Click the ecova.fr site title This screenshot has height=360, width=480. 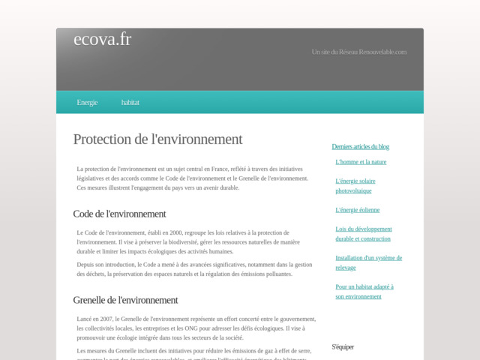[102, 40]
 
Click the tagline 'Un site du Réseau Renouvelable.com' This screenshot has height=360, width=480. [358, 52]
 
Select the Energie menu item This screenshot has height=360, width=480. [87, 102]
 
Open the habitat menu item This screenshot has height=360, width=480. [130, 102]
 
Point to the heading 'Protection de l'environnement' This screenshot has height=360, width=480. [157, 139]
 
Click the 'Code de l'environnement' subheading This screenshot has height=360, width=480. [119, 214]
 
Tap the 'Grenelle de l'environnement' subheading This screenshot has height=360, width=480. [125, 300]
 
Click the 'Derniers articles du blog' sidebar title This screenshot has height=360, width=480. [360, 146]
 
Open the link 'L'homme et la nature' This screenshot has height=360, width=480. [361, 162]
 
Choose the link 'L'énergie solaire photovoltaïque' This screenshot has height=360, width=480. [355, 186]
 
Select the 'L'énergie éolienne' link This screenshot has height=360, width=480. [357, 210]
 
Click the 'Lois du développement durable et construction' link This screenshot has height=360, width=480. [363, 234]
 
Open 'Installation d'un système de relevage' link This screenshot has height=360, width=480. [368, 262]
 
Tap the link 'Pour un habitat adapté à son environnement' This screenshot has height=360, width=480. [364, 291]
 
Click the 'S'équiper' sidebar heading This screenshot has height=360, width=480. [343, 346]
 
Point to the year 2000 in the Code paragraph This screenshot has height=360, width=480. [194, 232]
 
